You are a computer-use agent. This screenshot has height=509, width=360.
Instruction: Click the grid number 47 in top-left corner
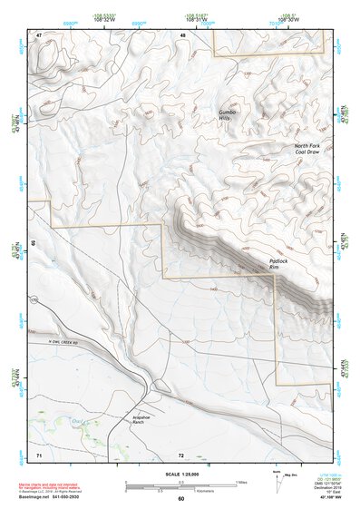tap(39, 35)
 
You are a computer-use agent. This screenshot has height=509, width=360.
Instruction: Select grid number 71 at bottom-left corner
tap(39, 453)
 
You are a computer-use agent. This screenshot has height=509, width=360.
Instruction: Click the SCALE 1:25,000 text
tap(180, 475)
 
